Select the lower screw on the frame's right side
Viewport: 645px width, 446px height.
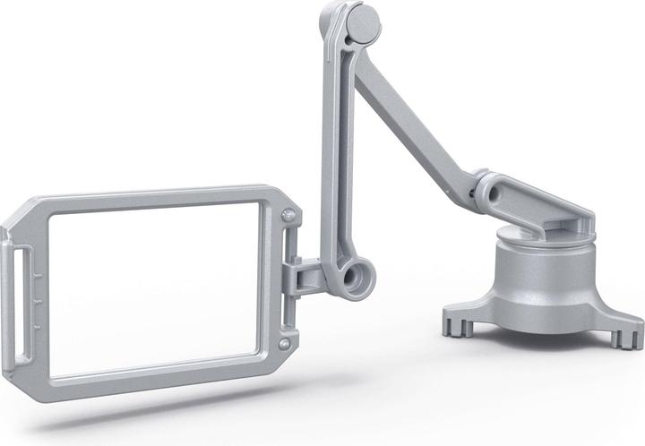[284, 343]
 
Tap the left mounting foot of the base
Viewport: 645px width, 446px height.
[459, 322]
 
